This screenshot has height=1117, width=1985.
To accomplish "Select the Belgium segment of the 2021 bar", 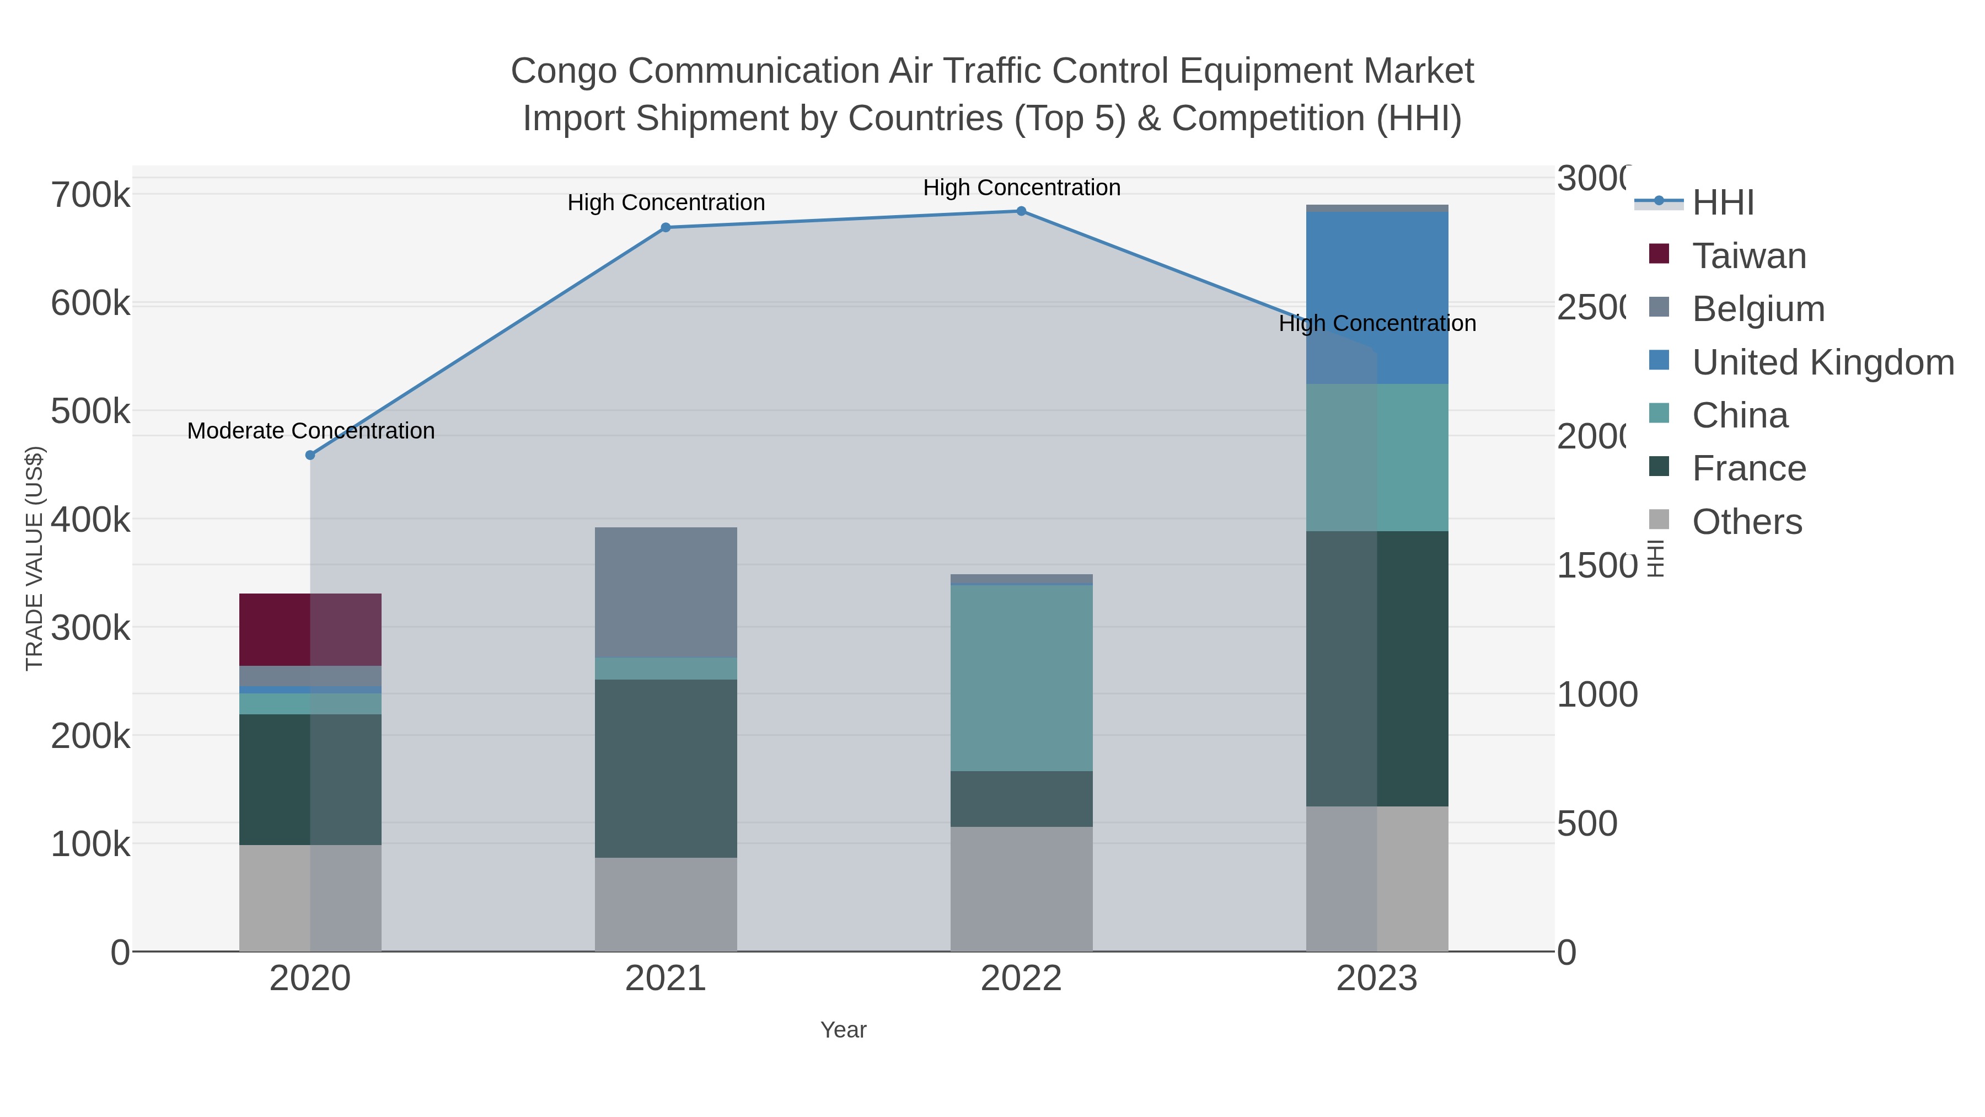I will pyautogui.click(x=666, y=592).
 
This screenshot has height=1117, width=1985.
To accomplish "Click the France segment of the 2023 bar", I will pyautogui.click(x=1377, y=669).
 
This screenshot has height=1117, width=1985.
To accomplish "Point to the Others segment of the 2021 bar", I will pyautogui.click(x=666, y=904).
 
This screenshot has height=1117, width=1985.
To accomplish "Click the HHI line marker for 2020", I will pyautogui.click(x=310, y=455).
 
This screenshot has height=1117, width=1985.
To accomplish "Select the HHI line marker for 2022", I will pyautogui.click(x=1021, y=211).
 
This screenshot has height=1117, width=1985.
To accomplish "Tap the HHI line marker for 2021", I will pyautogui.click(x=666, y=227).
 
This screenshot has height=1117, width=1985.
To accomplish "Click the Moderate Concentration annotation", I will pyautogui.click(x=310, y=431).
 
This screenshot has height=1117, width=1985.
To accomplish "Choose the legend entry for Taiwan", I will pyautogui.click(x=1748, y=256).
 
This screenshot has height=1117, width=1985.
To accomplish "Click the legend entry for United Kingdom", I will pyautogui.click(x=1822, y=362).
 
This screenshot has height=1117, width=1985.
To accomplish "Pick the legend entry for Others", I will pyautogui.click(x=1746, y=522).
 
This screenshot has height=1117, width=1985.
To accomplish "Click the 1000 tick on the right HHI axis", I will pyautogui.click(x=1597, y=694).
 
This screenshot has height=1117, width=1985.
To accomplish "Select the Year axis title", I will pyautogui.click(x=843, y=1030).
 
